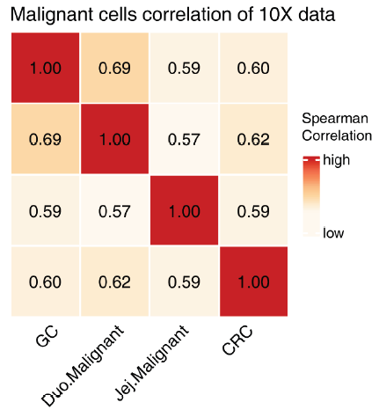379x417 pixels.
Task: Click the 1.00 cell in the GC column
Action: point(46,68)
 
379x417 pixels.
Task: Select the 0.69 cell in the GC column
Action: point(46,139)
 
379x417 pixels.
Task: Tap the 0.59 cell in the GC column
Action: point(46,210)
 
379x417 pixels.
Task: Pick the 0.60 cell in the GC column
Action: point(46,282)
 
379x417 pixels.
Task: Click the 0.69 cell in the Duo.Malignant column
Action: point(115,68)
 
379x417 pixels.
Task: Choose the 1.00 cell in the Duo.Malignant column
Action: point(115,139)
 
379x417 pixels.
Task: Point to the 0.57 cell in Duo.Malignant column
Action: point(115,210)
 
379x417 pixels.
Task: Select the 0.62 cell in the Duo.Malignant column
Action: point(115,282)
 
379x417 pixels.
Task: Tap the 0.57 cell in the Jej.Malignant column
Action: point(185,139)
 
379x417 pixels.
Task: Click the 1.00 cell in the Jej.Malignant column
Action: point(185,210)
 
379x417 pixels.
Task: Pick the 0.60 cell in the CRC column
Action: point(253,68)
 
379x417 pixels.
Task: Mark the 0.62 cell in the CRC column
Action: point(253,139)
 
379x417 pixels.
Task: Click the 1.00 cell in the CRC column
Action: point(253,282)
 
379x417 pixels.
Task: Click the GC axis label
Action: point(47,336)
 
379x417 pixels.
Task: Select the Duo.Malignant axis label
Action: point(83,365)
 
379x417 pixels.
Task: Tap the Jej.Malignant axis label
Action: point(151,362)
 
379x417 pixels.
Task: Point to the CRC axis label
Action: point(237,340)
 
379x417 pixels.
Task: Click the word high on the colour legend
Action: point(336,160)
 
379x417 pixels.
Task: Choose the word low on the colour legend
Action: point(333,233)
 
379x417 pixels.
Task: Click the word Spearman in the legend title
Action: point(335,119)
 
